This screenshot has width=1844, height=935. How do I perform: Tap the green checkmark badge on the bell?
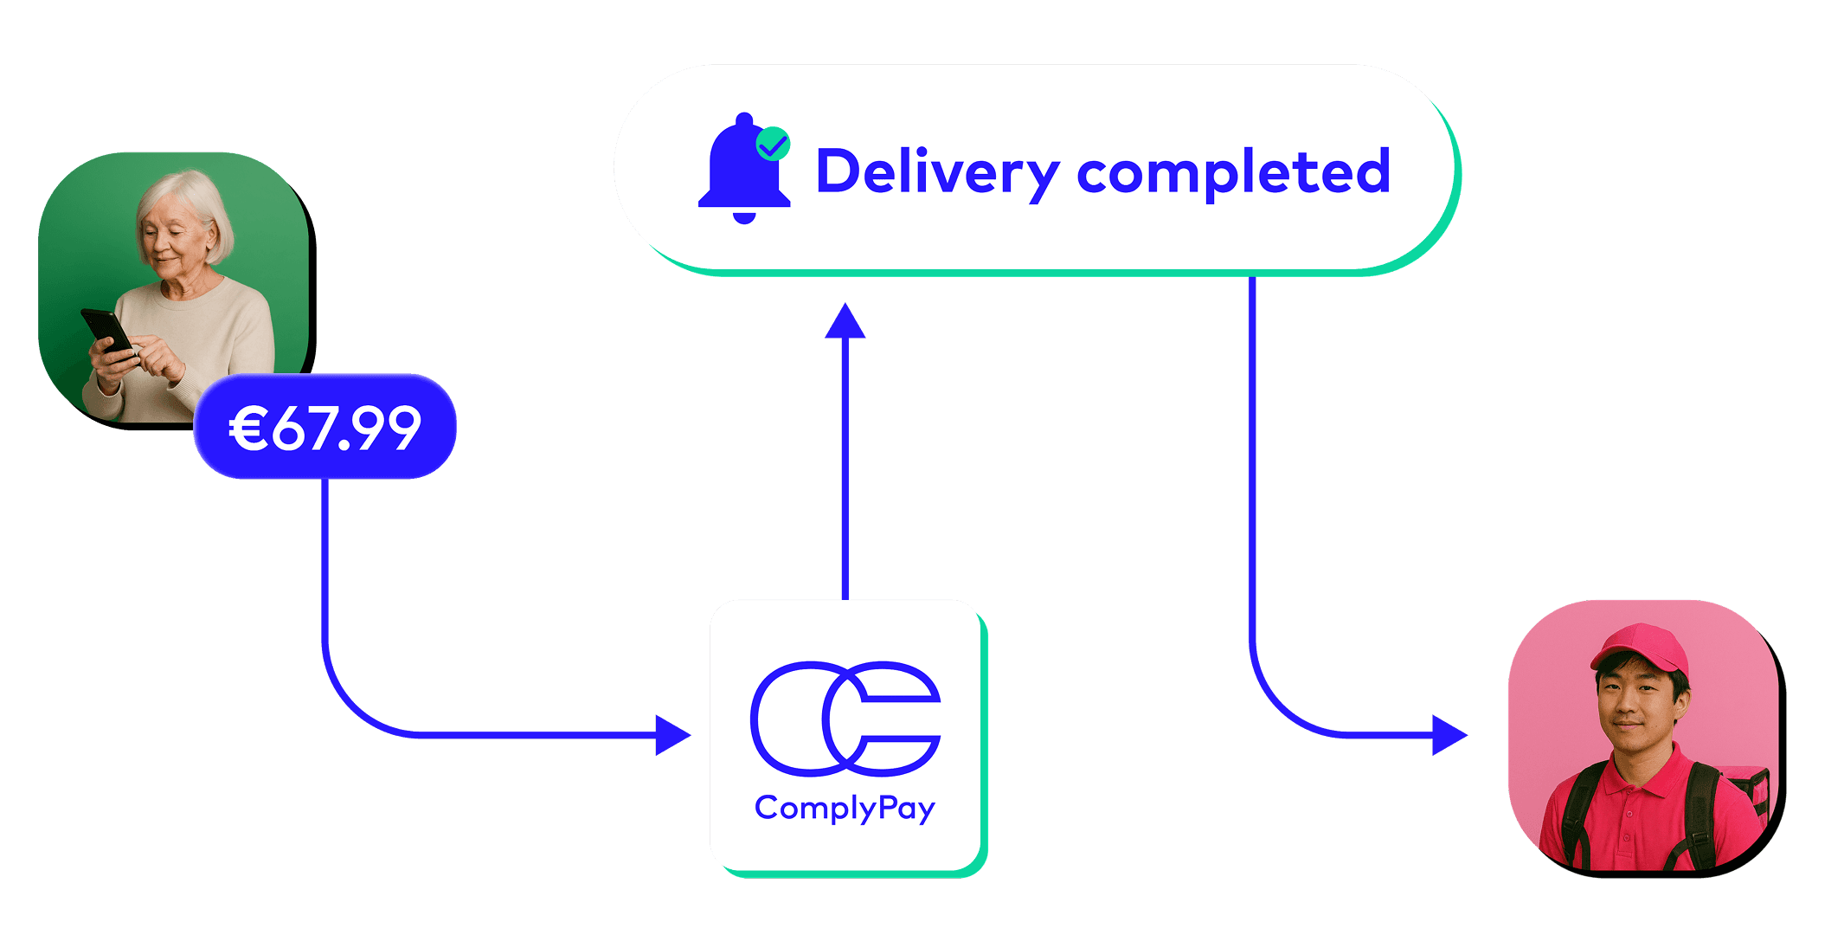click(x=773, y=144)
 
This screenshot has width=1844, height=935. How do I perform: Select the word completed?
click(x=1233, y=171)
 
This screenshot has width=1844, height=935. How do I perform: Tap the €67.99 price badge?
click(x=324, y=427)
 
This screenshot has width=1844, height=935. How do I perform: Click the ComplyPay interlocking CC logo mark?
click(x=845, y=718)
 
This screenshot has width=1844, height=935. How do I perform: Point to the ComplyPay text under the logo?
click(x=845, y=808)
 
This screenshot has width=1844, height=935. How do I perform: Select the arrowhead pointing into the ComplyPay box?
click(x=672, y=735)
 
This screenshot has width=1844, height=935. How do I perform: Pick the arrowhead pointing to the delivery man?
click(x=1449, y=735)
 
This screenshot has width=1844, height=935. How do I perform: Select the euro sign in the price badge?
click(x=247, y=428)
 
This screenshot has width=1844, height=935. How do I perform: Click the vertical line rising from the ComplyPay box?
click(x=845, y=467)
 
